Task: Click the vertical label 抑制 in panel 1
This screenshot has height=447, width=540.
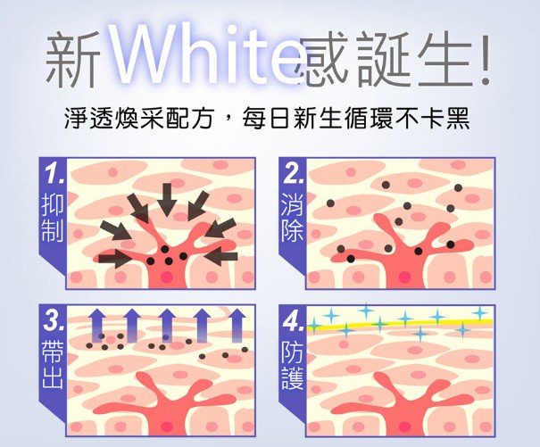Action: click(x=53, y=221)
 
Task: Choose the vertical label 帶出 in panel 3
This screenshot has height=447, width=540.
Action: click(x=53, y=367)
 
